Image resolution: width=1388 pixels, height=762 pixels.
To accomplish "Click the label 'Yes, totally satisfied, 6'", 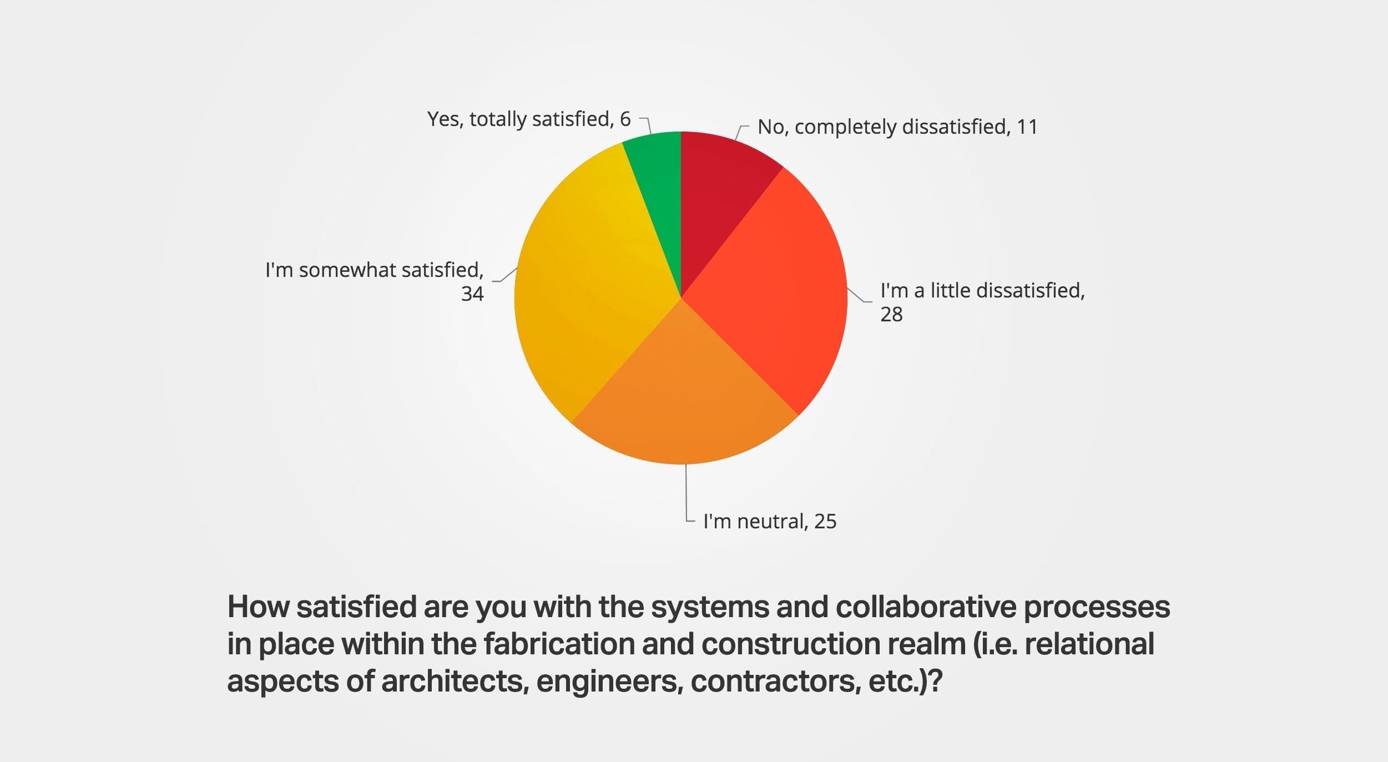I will [x=528, y=119].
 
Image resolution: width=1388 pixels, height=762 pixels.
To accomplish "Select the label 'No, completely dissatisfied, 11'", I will [x=897, y=127].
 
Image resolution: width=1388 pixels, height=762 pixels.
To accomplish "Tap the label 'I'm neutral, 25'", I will [x=769, y=522].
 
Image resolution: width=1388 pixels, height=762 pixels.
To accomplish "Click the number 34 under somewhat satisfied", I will [x=472, y=294].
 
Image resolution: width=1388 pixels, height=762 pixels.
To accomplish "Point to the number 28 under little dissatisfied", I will [x=891, y=315].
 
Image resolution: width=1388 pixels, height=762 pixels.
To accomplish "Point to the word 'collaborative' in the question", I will [x=925, y=607].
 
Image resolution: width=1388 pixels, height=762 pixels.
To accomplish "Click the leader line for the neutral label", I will [x=687, y=494].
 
